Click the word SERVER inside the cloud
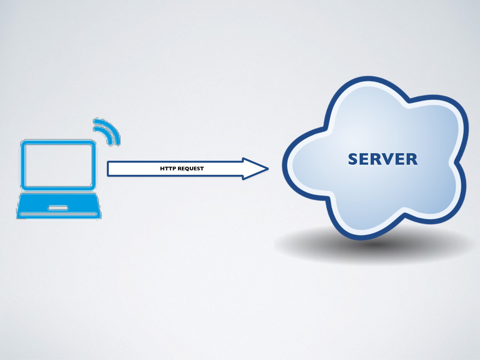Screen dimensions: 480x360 [x=382, y=159]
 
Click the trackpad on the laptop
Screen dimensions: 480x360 [x=58, y=207]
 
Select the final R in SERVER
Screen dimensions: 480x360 [x=411, y=159]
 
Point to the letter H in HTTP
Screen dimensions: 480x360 [x=162, y=169]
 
